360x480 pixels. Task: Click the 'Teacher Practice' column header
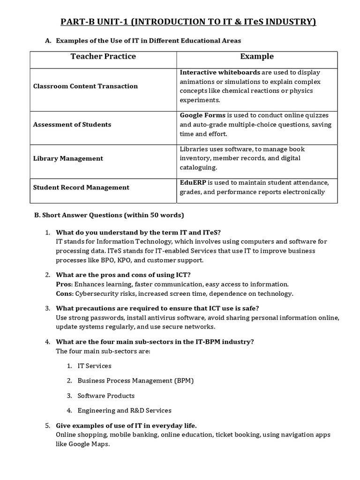pyautogui.click(x=103, y=57)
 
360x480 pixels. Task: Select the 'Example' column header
pyautogui.click(x=256, y=57)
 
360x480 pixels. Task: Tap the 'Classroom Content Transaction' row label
pyautogui.click(x=85, y=86)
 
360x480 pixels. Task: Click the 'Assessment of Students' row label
pyautogui.click(x=72, y=125)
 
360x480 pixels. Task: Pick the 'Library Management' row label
pyautogui.click(x=68, y=158)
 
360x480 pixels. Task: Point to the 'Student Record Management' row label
pyautogui.click(x=81, y=187)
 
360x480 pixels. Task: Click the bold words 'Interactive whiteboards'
pyautogui.click(x=220, y=73)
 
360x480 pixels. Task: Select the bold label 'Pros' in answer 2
pyautogui.click(x=64, y=285)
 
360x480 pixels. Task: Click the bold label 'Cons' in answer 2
pyautogui.click(x=64, y=294)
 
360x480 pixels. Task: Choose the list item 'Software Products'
pyautogui.click(x=106, y=396)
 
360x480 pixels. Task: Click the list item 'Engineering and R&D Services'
pyautogui.click(x=124, y=411)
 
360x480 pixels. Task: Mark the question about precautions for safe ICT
pyautogui.click(x=157, y=308)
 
